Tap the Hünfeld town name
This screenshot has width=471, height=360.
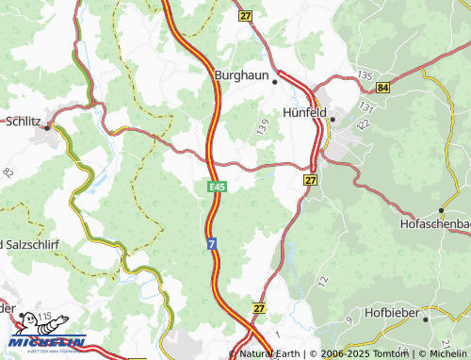click(304, 112)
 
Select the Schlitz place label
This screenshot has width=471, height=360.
click(24, 122)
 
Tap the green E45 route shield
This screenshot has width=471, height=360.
click(216, 188)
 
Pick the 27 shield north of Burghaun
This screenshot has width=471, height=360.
click(247, 16)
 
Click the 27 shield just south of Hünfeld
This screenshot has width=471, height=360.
click(311, 178)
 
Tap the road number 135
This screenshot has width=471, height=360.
click(365, 74)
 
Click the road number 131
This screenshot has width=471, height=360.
click(365, 111)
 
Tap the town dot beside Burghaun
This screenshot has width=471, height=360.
click(275, 81)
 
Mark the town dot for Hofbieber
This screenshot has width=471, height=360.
click(426, 319)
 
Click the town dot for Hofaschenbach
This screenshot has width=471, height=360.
click(442, 211)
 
